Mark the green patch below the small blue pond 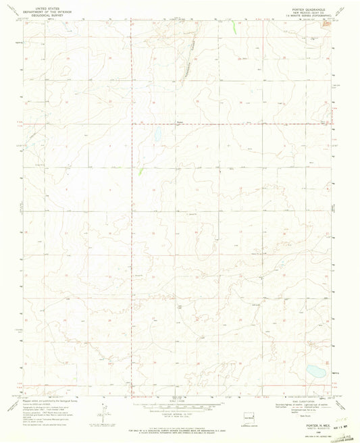[x=141, y=172]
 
